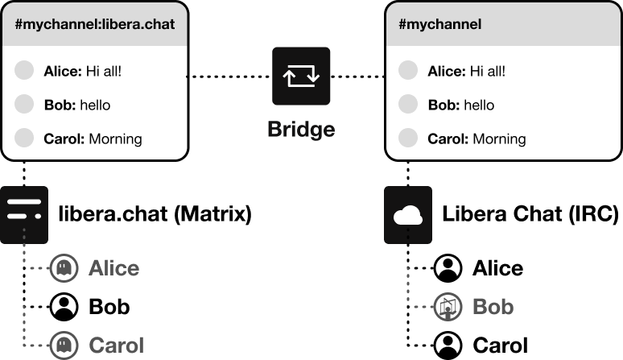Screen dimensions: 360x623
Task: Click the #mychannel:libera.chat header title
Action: [95, 24]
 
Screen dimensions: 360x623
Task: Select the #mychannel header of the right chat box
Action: [440, 24]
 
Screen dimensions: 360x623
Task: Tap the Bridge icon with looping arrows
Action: [301, 77]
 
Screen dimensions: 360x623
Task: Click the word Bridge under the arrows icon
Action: [301, 129]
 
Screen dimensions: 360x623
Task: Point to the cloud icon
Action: [408, 215]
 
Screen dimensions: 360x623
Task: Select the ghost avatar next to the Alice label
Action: [64, 268]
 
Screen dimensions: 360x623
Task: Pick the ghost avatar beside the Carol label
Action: [64, 346]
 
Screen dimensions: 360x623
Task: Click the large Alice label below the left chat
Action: [113, 268]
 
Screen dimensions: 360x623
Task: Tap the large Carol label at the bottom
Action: [116, 346]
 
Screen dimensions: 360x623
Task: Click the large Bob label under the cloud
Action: [493, 307]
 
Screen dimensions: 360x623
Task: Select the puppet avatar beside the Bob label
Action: [448, 307]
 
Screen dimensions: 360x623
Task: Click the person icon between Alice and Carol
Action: [64, 306]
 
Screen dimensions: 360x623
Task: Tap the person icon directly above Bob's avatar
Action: [448, 267]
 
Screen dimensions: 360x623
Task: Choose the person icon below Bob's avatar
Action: [448, 345]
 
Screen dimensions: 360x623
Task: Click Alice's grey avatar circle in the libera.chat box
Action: [25, 70]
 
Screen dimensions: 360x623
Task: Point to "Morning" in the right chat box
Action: [499, 139]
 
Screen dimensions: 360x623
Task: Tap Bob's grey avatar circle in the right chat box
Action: [409, 104]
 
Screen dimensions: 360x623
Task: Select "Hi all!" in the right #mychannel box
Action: [487, 71]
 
